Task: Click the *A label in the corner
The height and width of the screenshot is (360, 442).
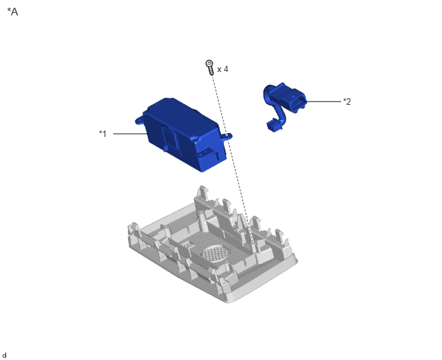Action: pyautogui.click(x=13, y=12)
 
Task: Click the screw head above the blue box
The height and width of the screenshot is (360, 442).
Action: pyautogui.click(x=209, y=63)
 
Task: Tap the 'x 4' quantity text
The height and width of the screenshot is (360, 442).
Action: pyautogui.click(x=223, y=69)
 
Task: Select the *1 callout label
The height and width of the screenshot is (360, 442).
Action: pyautogui.click(x=103, y=134)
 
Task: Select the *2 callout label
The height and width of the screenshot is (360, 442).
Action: pyautogui.click(x=347, y=102)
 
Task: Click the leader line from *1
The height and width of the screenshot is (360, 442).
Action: pyautogui.click(x=130, y=134)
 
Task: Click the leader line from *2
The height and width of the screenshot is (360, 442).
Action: pyautogui.click(x=323, y=102)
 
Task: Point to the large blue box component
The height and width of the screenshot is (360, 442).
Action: pyautogui.click(x=183, y=134)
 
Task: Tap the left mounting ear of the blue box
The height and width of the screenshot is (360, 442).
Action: pyautogui.click(x=139, y=120)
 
